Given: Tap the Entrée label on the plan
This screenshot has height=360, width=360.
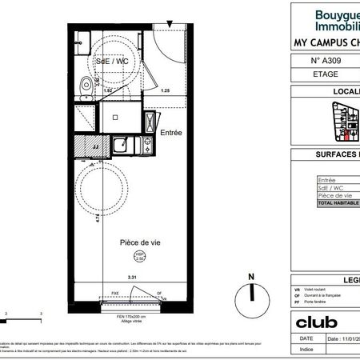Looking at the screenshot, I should point(172,133).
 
